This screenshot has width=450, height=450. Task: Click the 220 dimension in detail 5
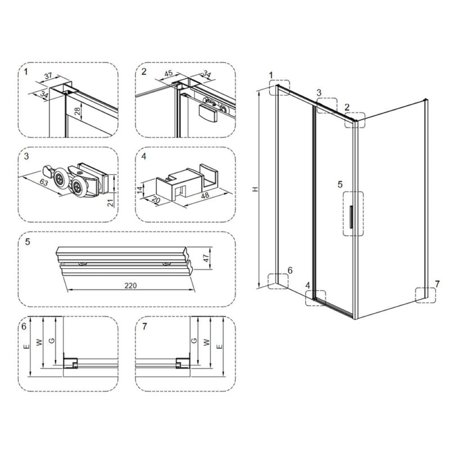click(x=130, y=286)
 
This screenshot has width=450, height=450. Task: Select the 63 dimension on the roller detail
click(x=44, y=182)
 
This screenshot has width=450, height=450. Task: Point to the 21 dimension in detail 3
click(x=111, y=202)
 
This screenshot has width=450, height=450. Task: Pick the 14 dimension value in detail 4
click(x=140, y=190)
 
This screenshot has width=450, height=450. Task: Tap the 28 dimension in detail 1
click(x=77, y=111)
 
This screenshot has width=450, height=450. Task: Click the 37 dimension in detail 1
click(x=48, y=76)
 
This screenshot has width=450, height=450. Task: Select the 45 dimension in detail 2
click(x=168, y=73)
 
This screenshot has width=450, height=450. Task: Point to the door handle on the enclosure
click(x=351, y=217)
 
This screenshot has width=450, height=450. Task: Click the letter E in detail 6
click(x=27, y=346)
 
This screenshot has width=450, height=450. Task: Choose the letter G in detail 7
click(x=194, y=340)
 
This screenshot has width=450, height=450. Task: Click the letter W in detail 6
click(x=39, y=342)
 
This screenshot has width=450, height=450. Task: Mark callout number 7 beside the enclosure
click(x=437, y=284)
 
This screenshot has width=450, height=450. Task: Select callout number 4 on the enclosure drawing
click(x=308, y=286)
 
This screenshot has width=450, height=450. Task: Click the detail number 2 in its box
click(x=144, y=72)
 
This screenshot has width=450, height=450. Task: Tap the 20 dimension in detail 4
click(x=155, y=200)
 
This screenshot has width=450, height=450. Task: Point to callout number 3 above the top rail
click(x=319, y=93)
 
